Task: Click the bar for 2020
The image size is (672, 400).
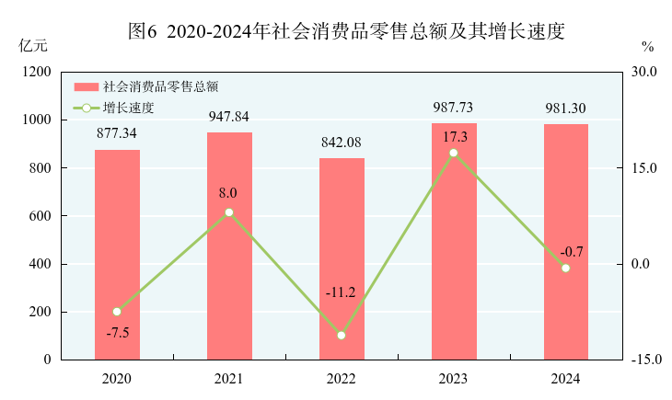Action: [x=117, y=255]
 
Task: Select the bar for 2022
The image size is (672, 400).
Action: [x=342, y=258]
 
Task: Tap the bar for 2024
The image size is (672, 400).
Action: [x=566, y=242]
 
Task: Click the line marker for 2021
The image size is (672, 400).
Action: [x=229, y=212]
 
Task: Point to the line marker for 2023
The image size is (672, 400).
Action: [x=454, y=153]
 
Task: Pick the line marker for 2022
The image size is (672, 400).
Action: [x=342, y=336]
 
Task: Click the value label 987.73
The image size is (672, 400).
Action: [x=454, y=108]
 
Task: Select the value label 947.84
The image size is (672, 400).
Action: [x=228, y=117]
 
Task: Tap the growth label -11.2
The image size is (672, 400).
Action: [x=340, y=293]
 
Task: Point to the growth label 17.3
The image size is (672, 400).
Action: [x=454, y=136]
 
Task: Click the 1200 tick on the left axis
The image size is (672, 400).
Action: [x=38, y=72]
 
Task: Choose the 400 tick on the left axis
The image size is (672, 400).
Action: [x=41, y=264]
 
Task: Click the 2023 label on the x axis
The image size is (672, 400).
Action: [x=454, y=379]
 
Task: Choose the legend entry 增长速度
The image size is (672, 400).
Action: [x=128, y=108]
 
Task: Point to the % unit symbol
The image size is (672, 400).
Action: [x=647, y=46]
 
